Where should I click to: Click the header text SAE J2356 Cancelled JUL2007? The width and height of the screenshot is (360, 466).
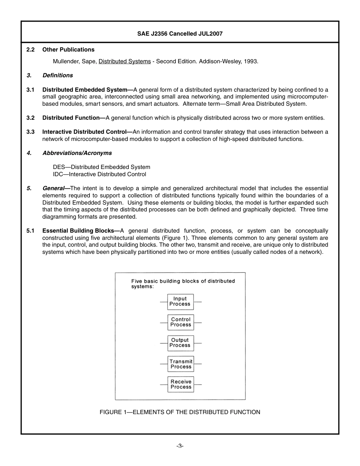(x=180, y=34)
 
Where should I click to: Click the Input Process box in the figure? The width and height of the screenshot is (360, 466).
(x=180, y=302)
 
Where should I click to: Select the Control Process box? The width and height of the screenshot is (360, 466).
(x=181, y=322)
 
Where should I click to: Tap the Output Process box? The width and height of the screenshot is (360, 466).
(x=180, y=343)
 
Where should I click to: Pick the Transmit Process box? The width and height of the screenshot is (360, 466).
(x=181, y=364)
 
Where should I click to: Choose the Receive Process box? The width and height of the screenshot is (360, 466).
(x=181, y=385)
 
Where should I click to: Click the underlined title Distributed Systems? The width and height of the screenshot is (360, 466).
(x=124, y=61)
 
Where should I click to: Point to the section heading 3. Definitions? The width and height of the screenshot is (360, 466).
(x=57, y=75)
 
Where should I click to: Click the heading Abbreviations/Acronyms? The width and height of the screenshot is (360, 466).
(x=77, y=153)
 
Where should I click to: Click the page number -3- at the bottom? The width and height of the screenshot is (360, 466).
(x=180, y=446)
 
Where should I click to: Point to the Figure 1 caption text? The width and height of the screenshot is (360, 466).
(x=180, y=412)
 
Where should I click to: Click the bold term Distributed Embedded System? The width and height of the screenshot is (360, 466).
(x=85, y=90)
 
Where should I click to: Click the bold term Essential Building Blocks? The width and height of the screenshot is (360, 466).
(x=78, y=231)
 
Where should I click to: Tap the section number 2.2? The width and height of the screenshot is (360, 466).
(x=31, y=50)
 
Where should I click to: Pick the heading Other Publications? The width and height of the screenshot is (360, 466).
(x=68, y=50)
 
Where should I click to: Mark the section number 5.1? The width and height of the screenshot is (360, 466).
(x=31, y=231)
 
